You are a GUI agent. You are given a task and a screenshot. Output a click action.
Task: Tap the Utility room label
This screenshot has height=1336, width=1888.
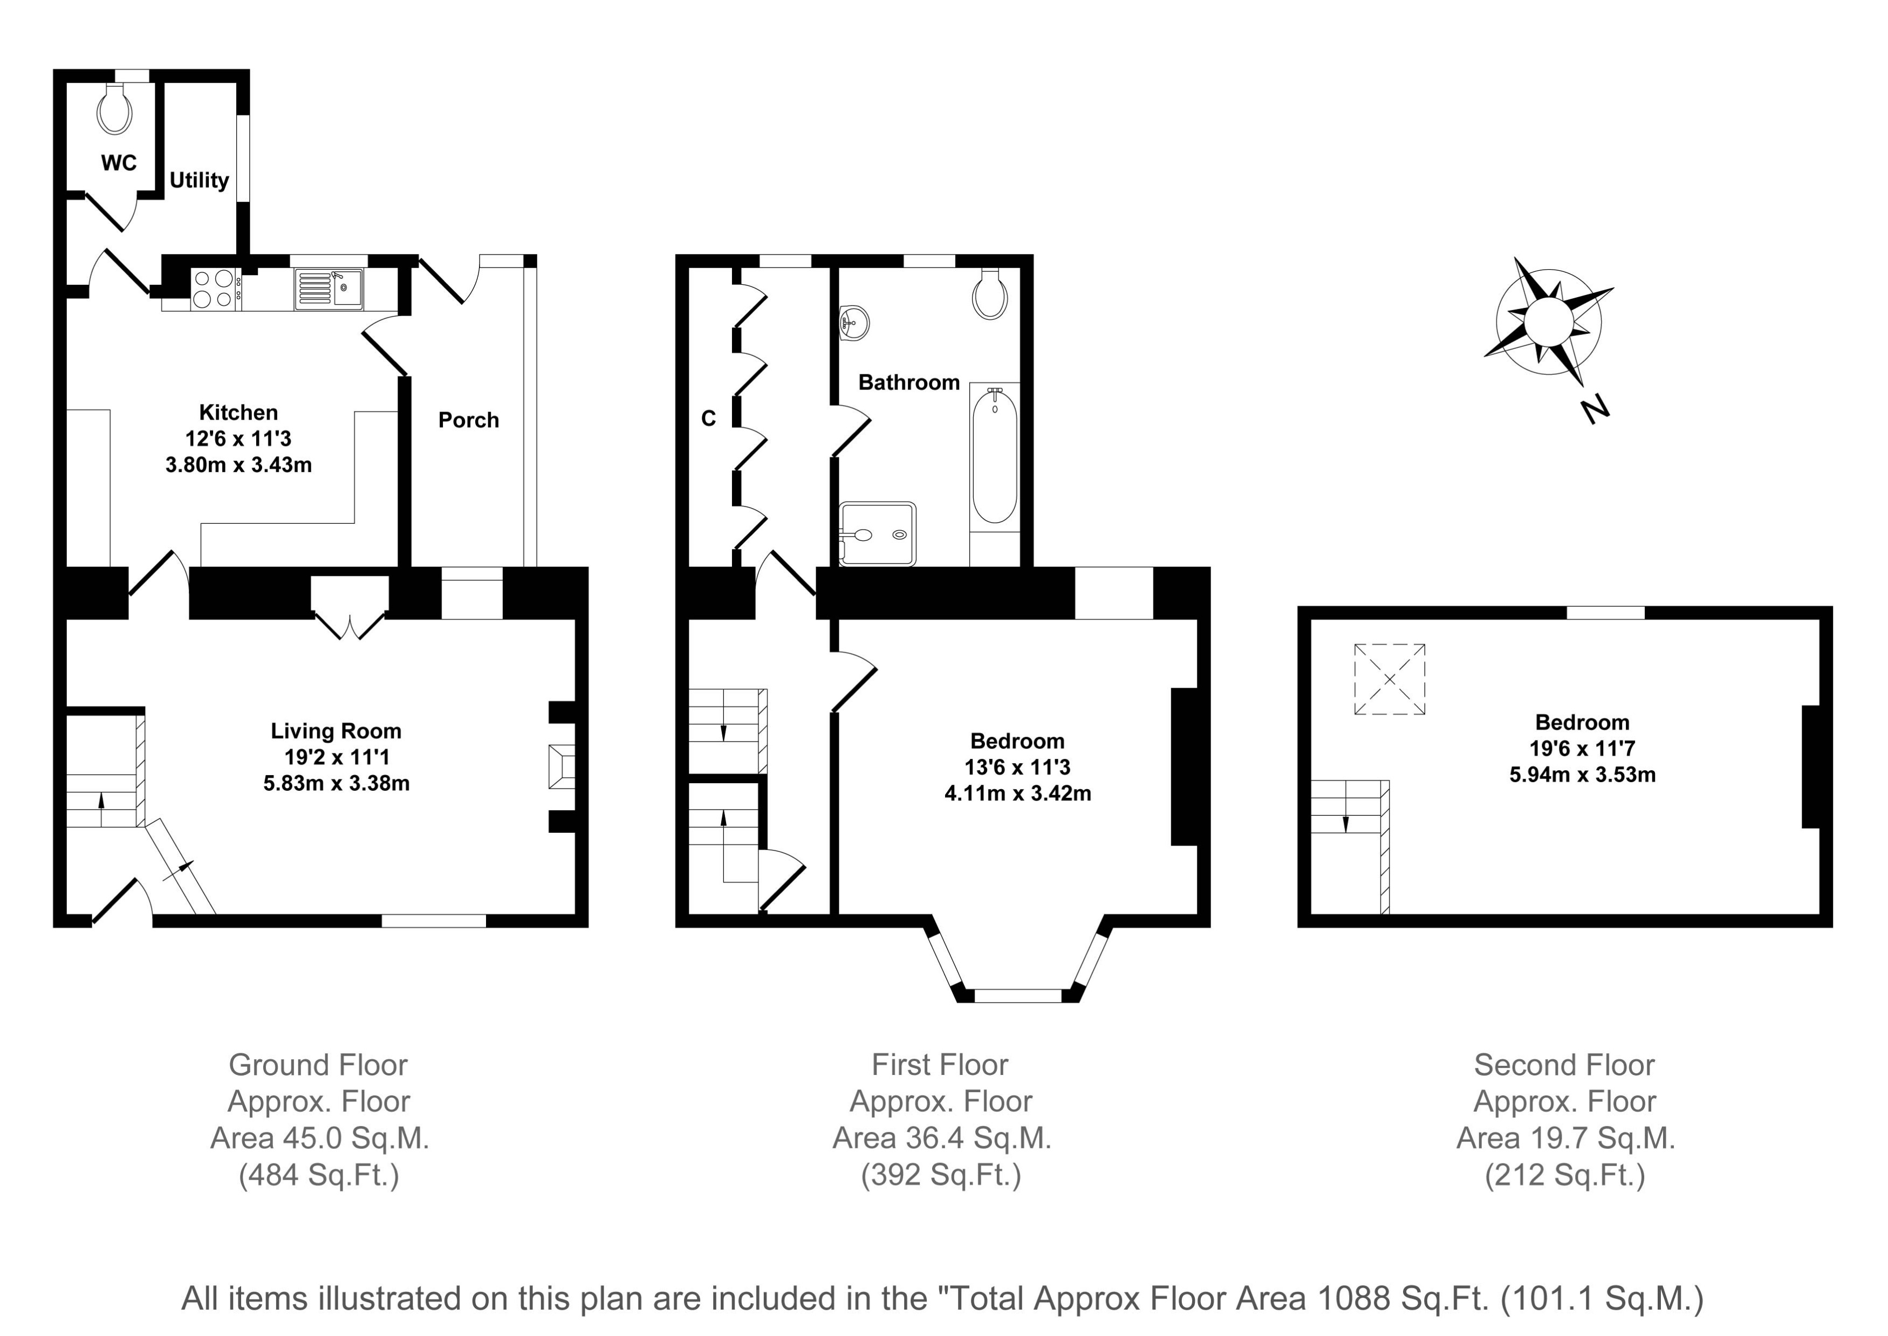(199, 180)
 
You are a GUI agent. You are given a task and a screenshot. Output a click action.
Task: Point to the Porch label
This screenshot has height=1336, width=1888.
(469, 420)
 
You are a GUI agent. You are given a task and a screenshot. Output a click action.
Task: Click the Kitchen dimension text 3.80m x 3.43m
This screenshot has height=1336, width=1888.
(238, 465)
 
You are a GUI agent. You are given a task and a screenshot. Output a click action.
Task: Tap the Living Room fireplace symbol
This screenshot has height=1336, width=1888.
(562, 767)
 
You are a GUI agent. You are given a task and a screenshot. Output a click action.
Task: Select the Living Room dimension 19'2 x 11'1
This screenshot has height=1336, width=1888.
(337, 757)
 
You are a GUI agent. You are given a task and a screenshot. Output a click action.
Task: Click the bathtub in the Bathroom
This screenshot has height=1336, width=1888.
(995, 457)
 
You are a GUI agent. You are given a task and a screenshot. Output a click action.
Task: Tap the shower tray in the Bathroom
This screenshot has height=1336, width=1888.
(878, 534)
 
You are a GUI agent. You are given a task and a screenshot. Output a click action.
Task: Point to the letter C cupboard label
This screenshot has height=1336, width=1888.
(708, 419)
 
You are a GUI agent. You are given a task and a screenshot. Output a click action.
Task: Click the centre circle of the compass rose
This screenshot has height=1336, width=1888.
(1548, 321)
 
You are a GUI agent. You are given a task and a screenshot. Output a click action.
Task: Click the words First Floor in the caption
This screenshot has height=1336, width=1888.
(940, 1065)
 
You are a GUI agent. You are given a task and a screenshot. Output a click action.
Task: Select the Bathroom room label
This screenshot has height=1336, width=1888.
(909, 382)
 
